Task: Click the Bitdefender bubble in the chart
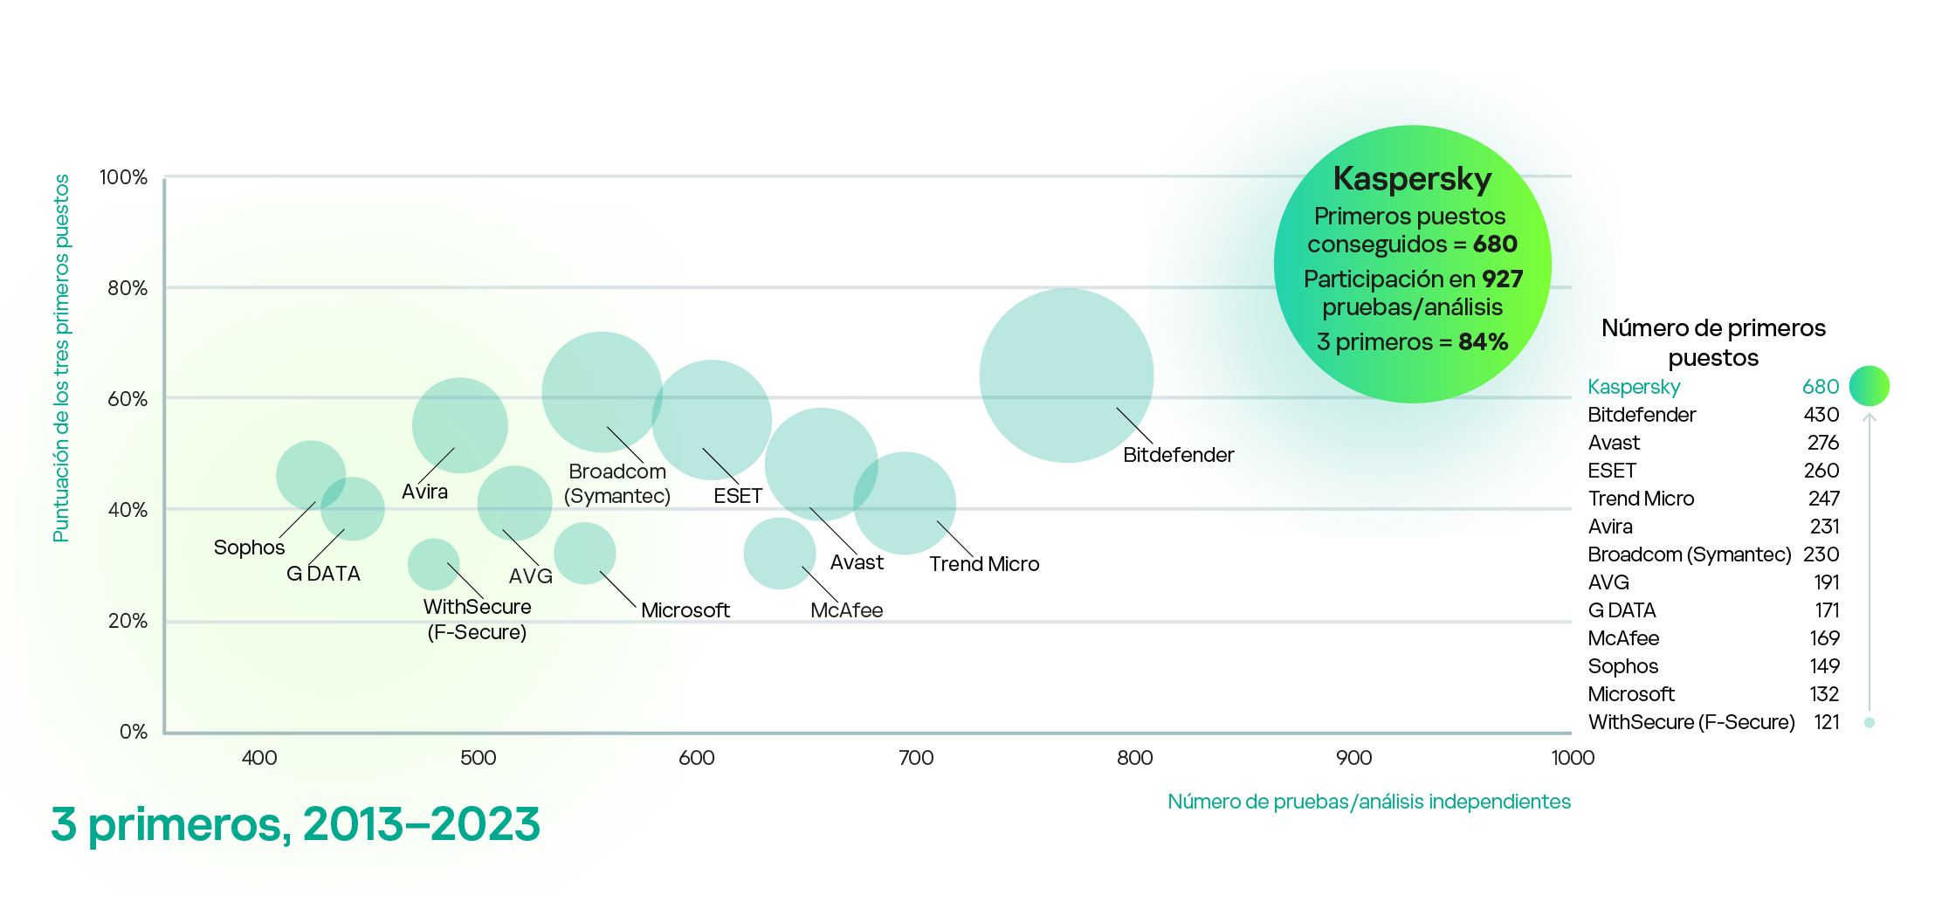1066,375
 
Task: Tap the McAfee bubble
779,553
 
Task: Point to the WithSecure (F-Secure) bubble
433,564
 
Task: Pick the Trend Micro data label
984,564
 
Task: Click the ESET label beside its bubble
738,496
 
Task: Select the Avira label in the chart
424,492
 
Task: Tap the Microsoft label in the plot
685,610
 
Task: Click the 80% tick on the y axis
127,288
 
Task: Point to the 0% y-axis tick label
133,732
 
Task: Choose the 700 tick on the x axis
916,758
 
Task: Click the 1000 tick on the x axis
1573,758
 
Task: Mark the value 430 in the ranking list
1821,415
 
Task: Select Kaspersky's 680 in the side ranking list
1820,387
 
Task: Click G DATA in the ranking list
1622,610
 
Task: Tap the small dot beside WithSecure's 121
1870,722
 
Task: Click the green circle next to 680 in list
1870,386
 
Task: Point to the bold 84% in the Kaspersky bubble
1483,342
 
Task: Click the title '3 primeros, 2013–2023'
295,824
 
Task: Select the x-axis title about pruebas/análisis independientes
1369,802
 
